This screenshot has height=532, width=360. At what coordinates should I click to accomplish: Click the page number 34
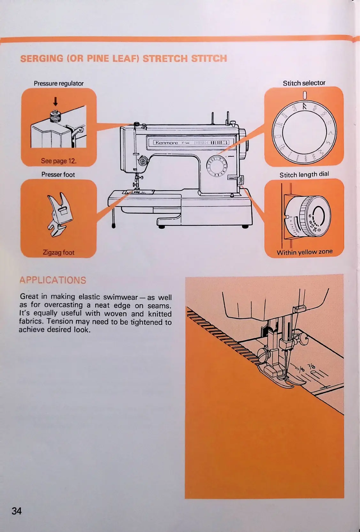coord(17,511)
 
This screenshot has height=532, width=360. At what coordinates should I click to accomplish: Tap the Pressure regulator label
coord(58,84)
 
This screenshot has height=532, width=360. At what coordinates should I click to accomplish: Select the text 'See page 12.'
coord(59,161)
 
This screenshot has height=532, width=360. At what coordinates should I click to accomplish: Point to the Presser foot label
coord(58,175)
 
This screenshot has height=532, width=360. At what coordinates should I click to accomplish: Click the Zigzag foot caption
coord(58,252)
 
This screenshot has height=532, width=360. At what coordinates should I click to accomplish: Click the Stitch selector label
coord(304,83)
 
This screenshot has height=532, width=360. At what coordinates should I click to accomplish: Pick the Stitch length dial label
coord(304,175)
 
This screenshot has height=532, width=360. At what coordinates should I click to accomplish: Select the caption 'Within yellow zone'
coord(304,252)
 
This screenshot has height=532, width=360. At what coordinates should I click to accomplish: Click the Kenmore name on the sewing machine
coord(166,143)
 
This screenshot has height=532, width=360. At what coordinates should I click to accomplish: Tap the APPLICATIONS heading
coord(53,280)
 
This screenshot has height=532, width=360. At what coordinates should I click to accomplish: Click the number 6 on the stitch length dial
coord(310,216)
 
